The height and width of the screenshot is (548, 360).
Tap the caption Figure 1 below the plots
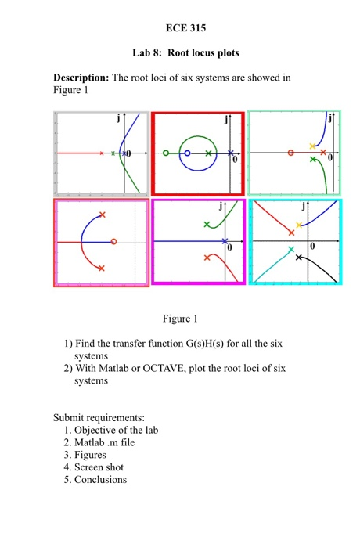(x=180, y=319)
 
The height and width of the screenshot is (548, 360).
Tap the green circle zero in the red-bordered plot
(x=165, y=153)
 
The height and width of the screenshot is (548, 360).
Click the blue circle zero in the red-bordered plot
(x=187, y=153)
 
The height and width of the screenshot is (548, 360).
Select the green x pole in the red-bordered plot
(x=208, y=153)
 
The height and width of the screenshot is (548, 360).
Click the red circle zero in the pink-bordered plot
(x=114, y=242)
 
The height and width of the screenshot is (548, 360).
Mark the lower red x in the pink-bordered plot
(x=102, y=268)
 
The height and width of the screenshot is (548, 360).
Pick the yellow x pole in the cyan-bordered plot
(x=298, y=225)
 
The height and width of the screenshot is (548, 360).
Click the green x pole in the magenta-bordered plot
(x=207, y=225)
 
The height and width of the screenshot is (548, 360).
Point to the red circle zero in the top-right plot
(x=291, y=153)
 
